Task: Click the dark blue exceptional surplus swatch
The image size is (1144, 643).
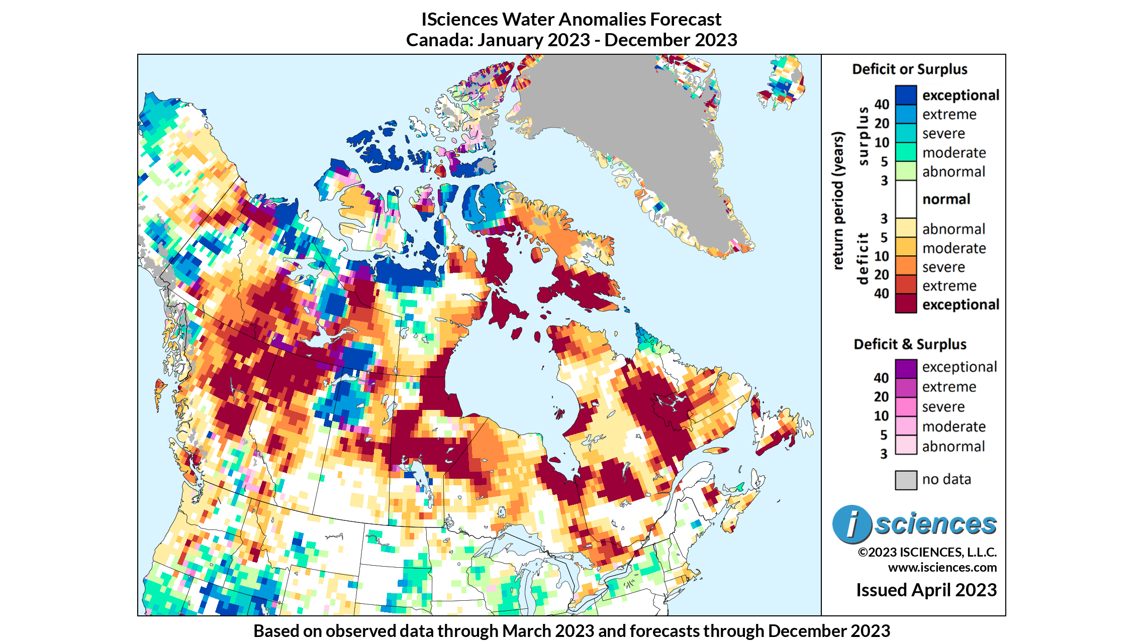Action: click(x=905, y=95)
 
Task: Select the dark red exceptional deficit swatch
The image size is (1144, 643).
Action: click(x=905, y=304)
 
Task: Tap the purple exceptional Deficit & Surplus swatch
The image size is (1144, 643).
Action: click(x=906, y=368)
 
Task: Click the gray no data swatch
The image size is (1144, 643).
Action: click(x=906, y=480)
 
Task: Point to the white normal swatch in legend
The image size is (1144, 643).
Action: click(x=905, y=199)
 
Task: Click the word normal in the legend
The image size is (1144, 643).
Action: click(x=946, y=199)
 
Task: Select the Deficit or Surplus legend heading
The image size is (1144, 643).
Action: click(x=909, y=69)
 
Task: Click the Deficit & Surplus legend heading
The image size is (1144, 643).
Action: click(x=910, y=345)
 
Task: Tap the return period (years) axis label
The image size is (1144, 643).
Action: click(x=837, y=201)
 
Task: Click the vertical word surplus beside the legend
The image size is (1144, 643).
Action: click(x=863, y=136)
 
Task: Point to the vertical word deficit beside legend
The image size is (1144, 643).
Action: click(x=863, y=258)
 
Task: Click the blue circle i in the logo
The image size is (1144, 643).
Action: click(x=851, y=524)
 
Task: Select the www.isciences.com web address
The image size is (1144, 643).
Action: click(x=942, y=568)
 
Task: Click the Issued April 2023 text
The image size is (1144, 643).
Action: click(x=926, y=590)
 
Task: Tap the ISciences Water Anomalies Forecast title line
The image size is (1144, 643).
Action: click(x=571, y=20)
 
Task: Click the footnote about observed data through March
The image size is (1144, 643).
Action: click(x=571, y=631)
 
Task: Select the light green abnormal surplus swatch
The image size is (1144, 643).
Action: click(x=905, y=171)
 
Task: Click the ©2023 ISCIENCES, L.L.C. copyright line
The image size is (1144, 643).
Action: click(x=927, y=552)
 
